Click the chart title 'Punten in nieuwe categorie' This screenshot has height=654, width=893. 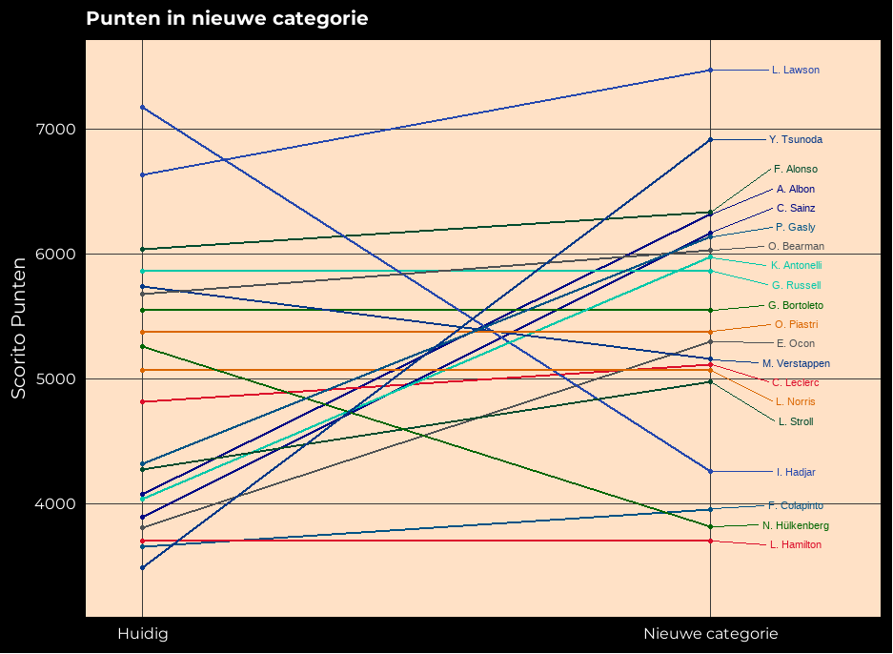(227, 19)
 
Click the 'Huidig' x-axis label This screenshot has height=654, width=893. (142, 634)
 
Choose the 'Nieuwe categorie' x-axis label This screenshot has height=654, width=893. (710, 634)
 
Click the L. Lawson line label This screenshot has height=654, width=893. (795, 71)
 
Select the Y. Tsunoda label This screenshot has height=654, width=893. (795, 140)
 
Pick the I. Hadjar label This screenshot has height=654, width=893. (795, 472)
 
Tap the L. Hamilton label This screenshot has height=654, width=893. (795, 545)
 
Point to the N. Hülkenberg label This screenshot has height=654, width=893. (795, 526)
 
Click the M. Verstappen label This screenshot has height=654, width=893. (796, 364)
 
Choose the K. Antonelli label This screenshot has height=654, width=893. (796, 266)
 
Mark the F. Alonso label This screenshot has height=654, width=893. (795, 170)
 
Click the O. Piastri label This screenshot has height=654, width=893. (796, 325)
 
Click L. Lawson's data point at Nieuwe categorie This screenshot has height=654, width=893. (710, 71)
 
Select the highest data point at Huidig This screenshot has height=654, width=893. (142, 107)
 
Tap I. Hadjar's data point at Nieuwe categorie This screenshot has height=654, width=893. (710, 471)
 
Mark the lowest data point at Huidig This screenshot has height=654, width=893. (142, 567)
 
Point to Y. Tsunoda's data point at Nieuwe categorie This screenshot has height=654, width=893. (710, 140)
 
